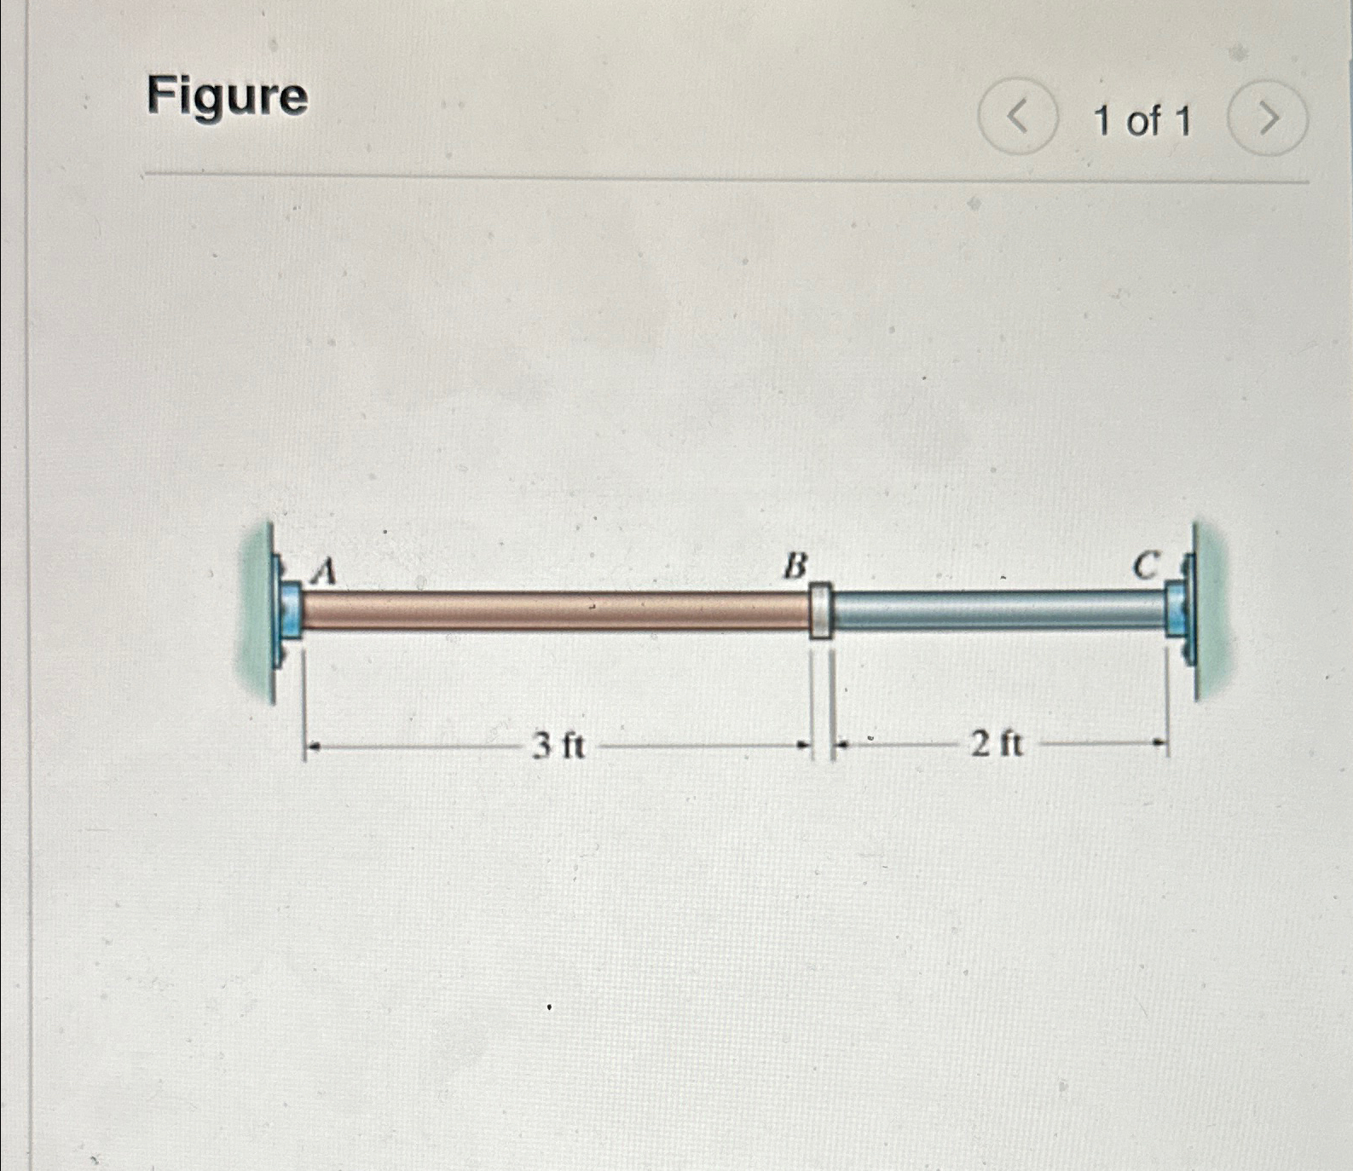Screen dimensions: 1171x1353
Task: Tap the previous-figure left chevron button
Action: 1018,117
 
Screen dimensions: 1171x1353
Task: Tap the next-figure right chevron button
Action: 1268,118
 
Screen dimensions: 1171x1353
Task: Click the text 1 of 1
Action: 1142,121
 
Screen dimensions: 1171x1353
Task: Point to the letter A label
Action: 323,570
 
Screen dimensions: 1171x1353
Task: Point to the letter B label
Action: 795,565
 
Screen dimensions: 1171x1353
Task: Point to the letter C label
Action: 1147,564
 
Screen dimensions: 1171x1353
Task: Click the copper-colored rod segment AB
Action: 554,610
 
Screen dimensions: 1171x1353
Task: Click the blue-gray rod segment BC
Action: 997,609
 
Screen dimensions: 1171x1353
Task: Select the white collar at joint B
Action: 820,610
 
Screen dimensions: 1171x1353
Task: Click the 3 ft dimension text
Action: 558,747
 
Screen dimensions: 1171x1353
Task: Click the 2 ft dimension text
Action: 997,745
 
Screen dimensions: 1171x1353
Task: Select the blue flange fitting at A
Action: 289,610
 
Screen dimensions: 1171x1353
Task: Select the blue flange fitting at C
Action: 1177,609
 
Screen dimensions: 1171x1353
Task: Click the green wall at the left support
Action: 255,614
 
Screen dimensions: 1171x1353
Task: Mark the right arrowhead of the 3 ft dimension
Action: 802,746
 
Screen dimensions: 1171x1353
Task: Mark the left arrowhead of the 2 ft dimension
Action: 841,745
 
